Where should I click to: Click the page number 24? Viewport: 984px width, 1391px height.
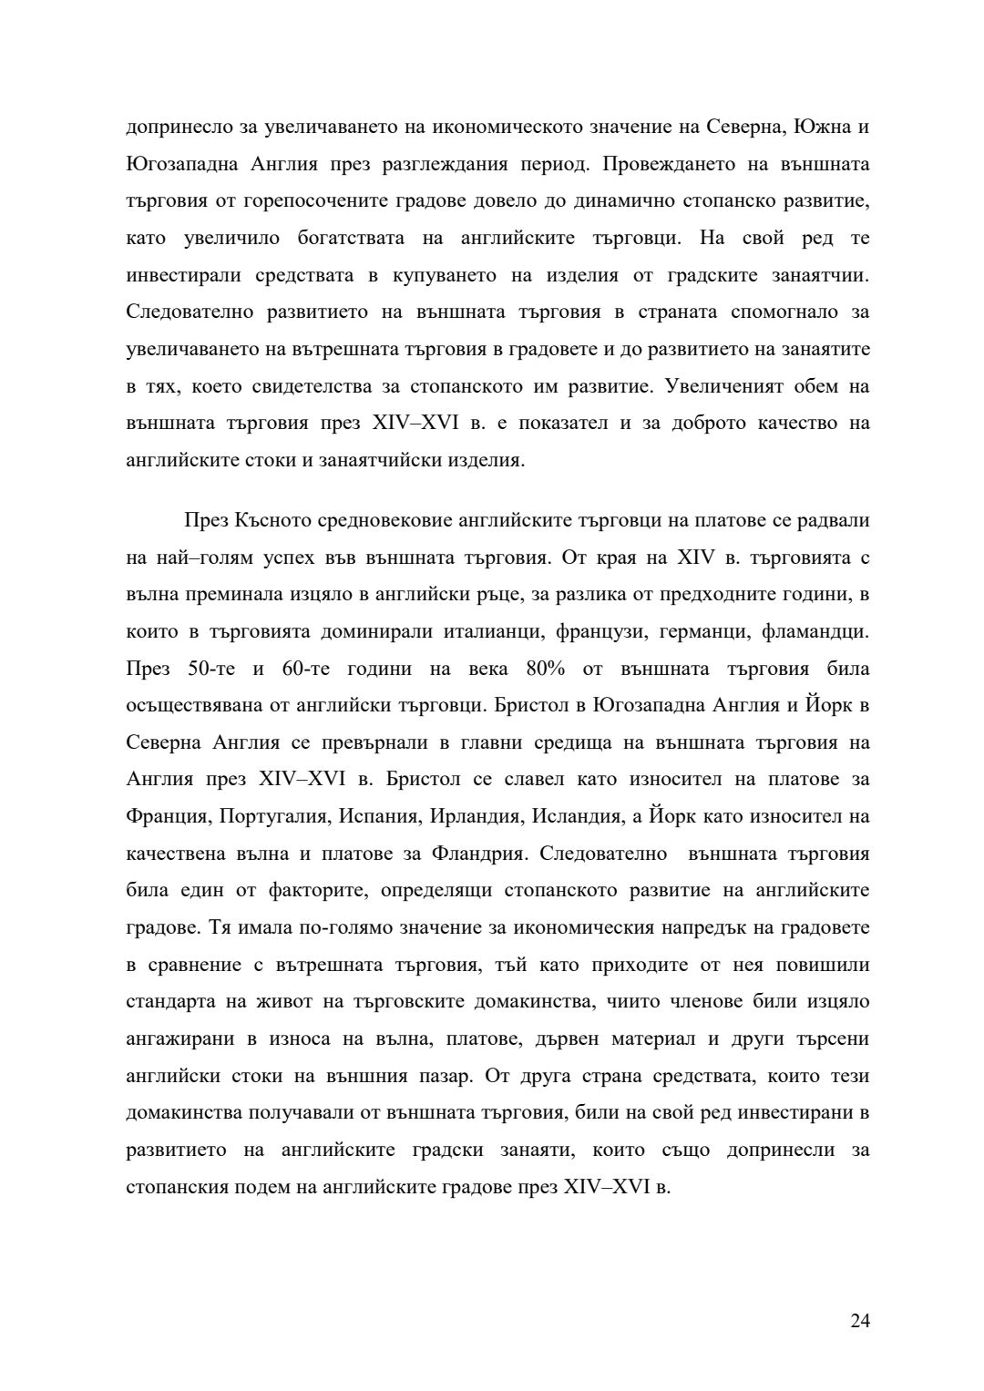tap(860, 1321)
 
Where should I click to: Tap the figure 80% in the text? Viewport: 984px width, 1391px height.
tap(546, 669)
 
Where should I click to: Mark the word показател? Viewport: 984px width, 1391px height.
tap(558, 424)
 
